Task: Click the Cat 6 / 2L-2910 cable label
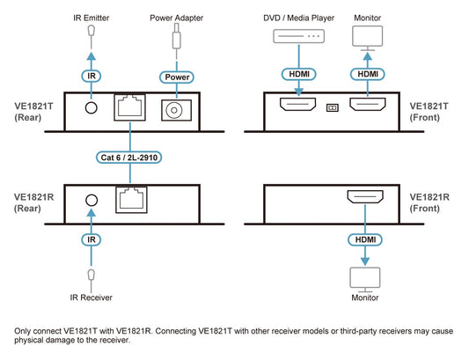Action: (x=129, y=158)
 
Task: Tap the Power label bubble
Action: (x=177, y=77)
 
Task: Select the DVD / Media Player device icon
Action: (x=299, y=36)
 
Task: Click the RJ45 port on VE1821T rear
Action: (x=130, y=107)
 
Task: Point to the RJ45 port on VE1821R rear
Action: (x=131, y=200)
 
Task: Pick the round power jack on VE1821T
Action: (x=176, y=110)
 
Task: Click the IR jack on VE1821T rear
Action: (x=92, y=107)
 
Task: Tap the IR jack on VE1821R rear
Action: (x=92, y=200)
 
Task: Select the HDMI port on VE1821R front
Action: (x=365, y=196)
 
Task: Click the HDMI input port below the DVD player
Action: (x=298, y=104)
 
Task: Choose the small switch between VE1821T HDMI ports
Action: (x=333, y=107)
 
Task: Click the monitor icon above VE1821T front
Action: (x=367, y=38)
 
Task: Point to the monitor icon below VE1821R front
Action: (x=365, y=280)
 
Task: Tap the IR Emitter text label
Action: (x=92, y=18)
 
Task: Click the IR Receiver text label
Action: (x=92, y=298)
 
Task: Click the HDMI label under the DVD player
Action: (x=299, y=74)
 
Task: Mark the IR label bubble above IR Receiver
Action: (x=92, y=239)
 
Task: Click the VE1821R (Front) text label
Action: (x=429, y=202)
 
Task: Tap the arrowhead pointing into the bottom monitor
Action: (x=365, y=261)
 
